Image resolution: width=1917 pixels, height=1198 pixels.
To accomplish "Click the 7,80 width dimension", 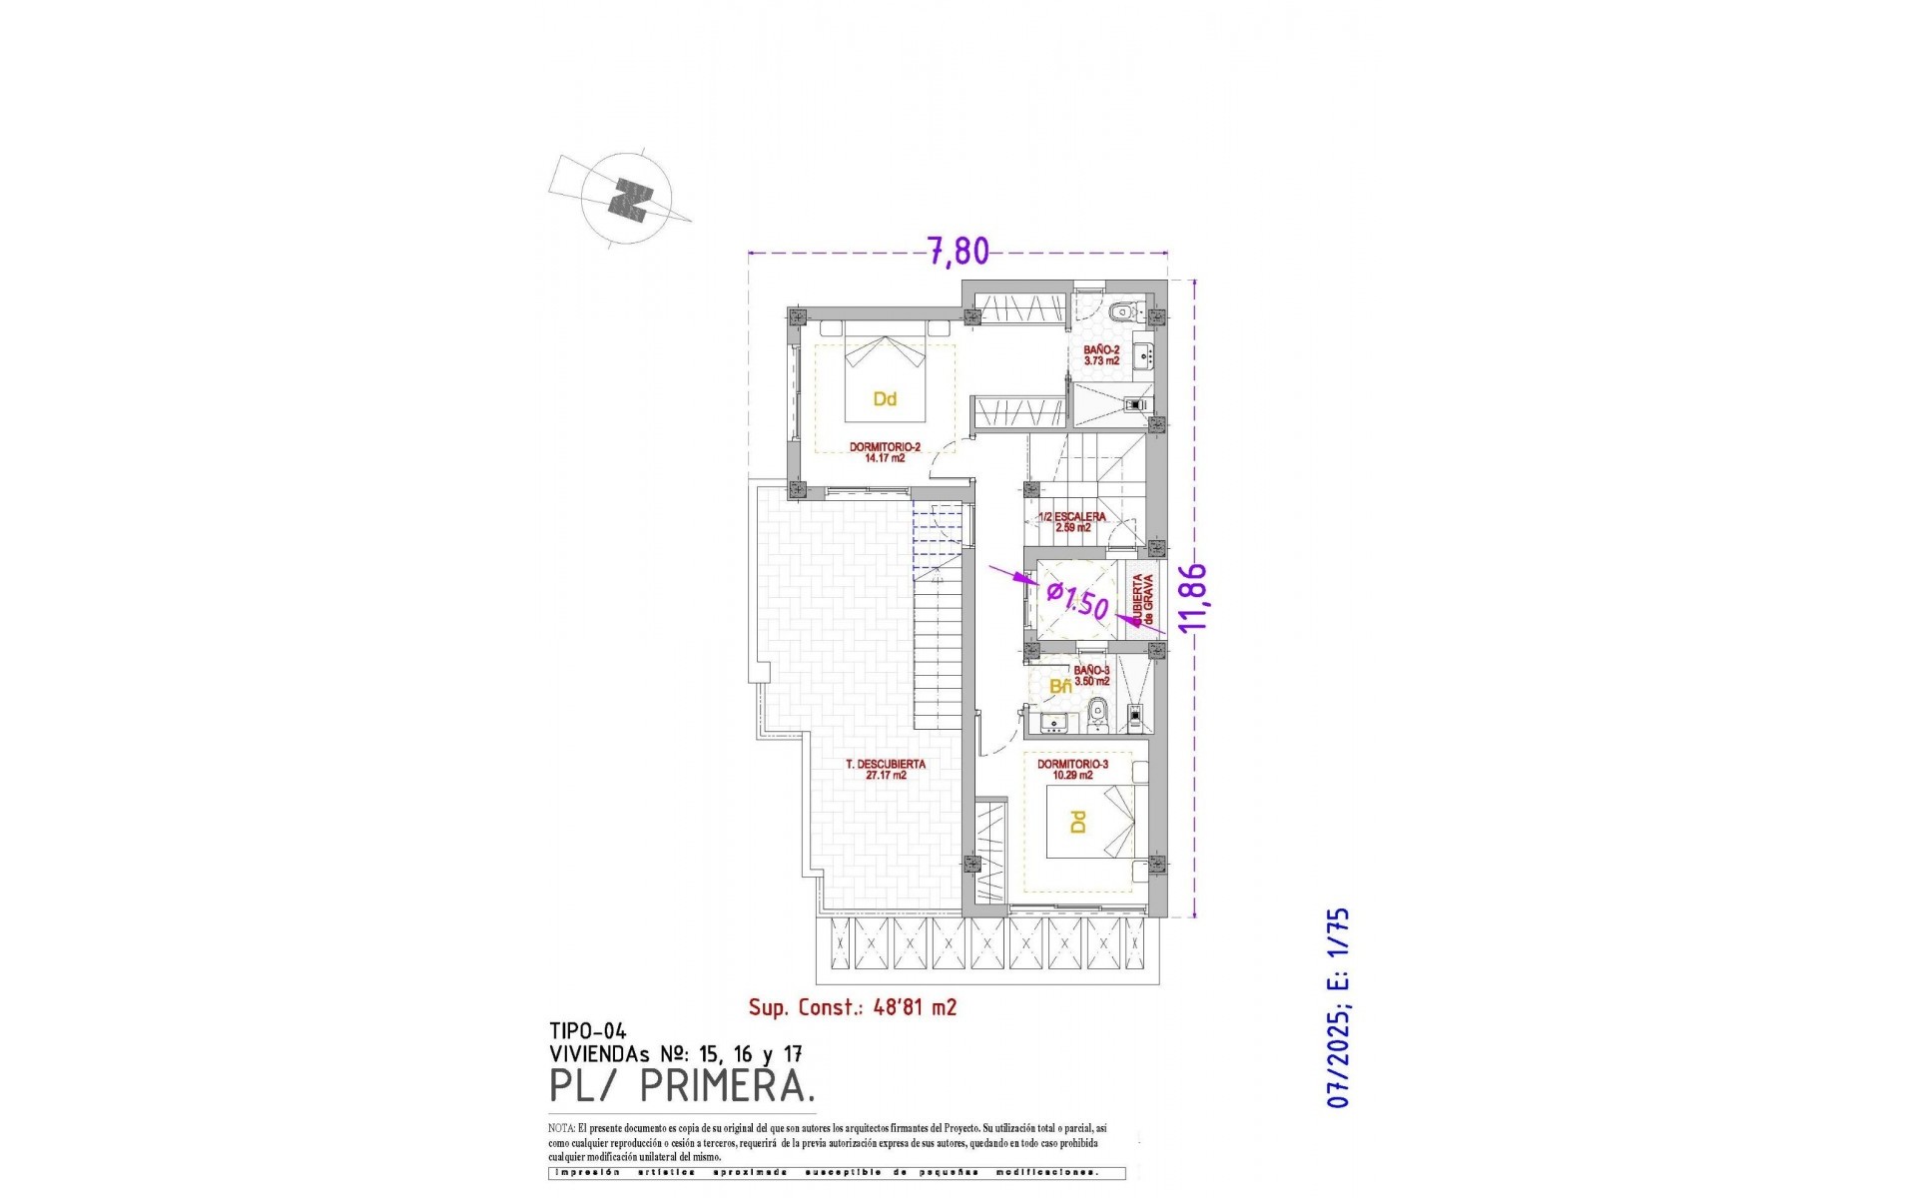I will [x=958, y=252].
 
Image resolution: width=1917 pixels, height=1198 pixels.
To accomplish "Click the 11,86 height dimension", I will [x=1193, y=597].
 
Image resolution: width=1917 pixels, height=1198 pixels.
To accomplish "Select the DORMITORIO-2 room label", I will [x=885, y=452].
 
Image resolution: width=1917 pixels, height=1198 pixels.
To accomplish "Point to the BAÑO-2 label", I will [x=1101, y=355].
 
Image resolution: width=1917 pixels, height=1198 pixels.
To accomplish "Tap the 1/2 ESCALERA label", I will [x=1072, y=521].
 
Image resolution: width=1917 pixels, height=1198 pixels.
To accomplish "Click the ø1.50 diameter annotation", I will [x=1078, y=601].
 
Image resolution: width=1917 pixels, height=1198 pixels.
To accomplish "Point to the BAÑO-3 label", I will [x=1091, y=676].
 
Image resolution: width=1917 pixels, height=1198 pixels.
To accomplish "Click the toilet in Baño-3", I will [x=1098, y=712].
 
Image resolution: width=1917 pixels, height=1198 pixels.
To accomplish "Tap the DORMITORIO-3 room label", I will [x=1072, y=769].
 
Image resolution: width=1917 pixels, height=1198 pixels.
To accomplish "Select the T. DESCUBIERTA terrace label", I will [x=886, y=769].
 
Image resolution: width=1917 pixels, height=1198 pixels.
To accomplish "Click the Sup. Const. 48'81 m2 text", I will [x=853, y=1007].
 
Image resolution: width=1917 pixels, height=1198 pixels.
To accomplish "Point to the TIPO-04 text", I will [x=588, y=1031].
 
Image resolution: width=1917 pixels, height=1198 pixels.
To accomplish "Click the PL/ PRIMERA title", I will [x=682, y=1085].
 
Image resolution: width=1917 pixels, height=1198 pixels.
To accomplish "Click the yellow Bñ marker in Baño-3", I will [x=1060, y=687].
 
